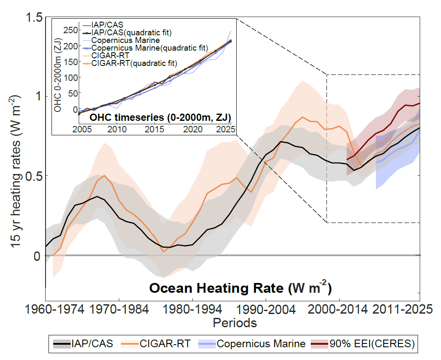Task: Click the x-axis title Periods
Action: tap(235, 323)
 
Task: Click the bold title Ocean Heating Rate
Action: tap(241, 288)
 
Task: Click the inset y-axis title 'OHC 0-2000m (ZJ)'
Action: tap(58, 74)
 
